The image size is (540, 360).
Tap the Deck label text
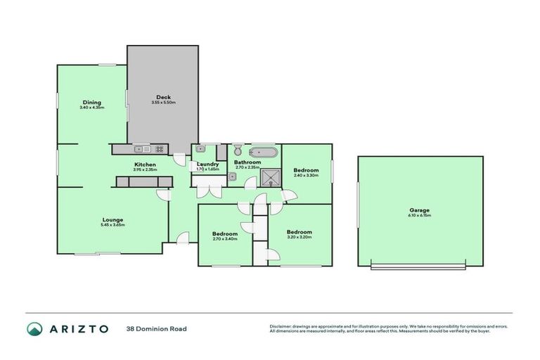(163, 97)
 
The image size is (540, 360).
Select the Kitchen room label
(145, 165)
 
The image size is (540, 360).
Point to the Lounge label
(112, 219)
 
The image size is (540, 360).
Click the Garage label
(420, 210)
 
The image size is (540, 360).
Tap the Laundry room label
(208, 165)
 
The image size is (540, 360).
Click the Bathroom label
(247, 162)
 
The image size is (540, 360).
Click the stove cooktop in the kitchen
(160, 149)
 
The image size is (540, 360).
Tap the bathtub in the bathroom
(264, 151)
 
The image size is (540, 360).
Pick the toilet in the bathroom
(238, 150)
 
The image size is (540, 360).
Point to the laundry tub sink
(200, 149)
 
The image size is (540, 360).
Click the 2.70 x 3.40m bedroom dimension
(225, 239)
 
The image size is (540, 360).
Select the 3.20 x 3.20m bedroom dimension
(299, 238)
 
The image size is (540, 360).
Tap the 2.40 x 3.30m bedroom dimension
(306, 176)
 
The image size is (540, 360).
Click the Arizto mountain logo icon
(34, 329)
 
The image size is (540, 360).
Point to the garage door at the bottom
(418, 266)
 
